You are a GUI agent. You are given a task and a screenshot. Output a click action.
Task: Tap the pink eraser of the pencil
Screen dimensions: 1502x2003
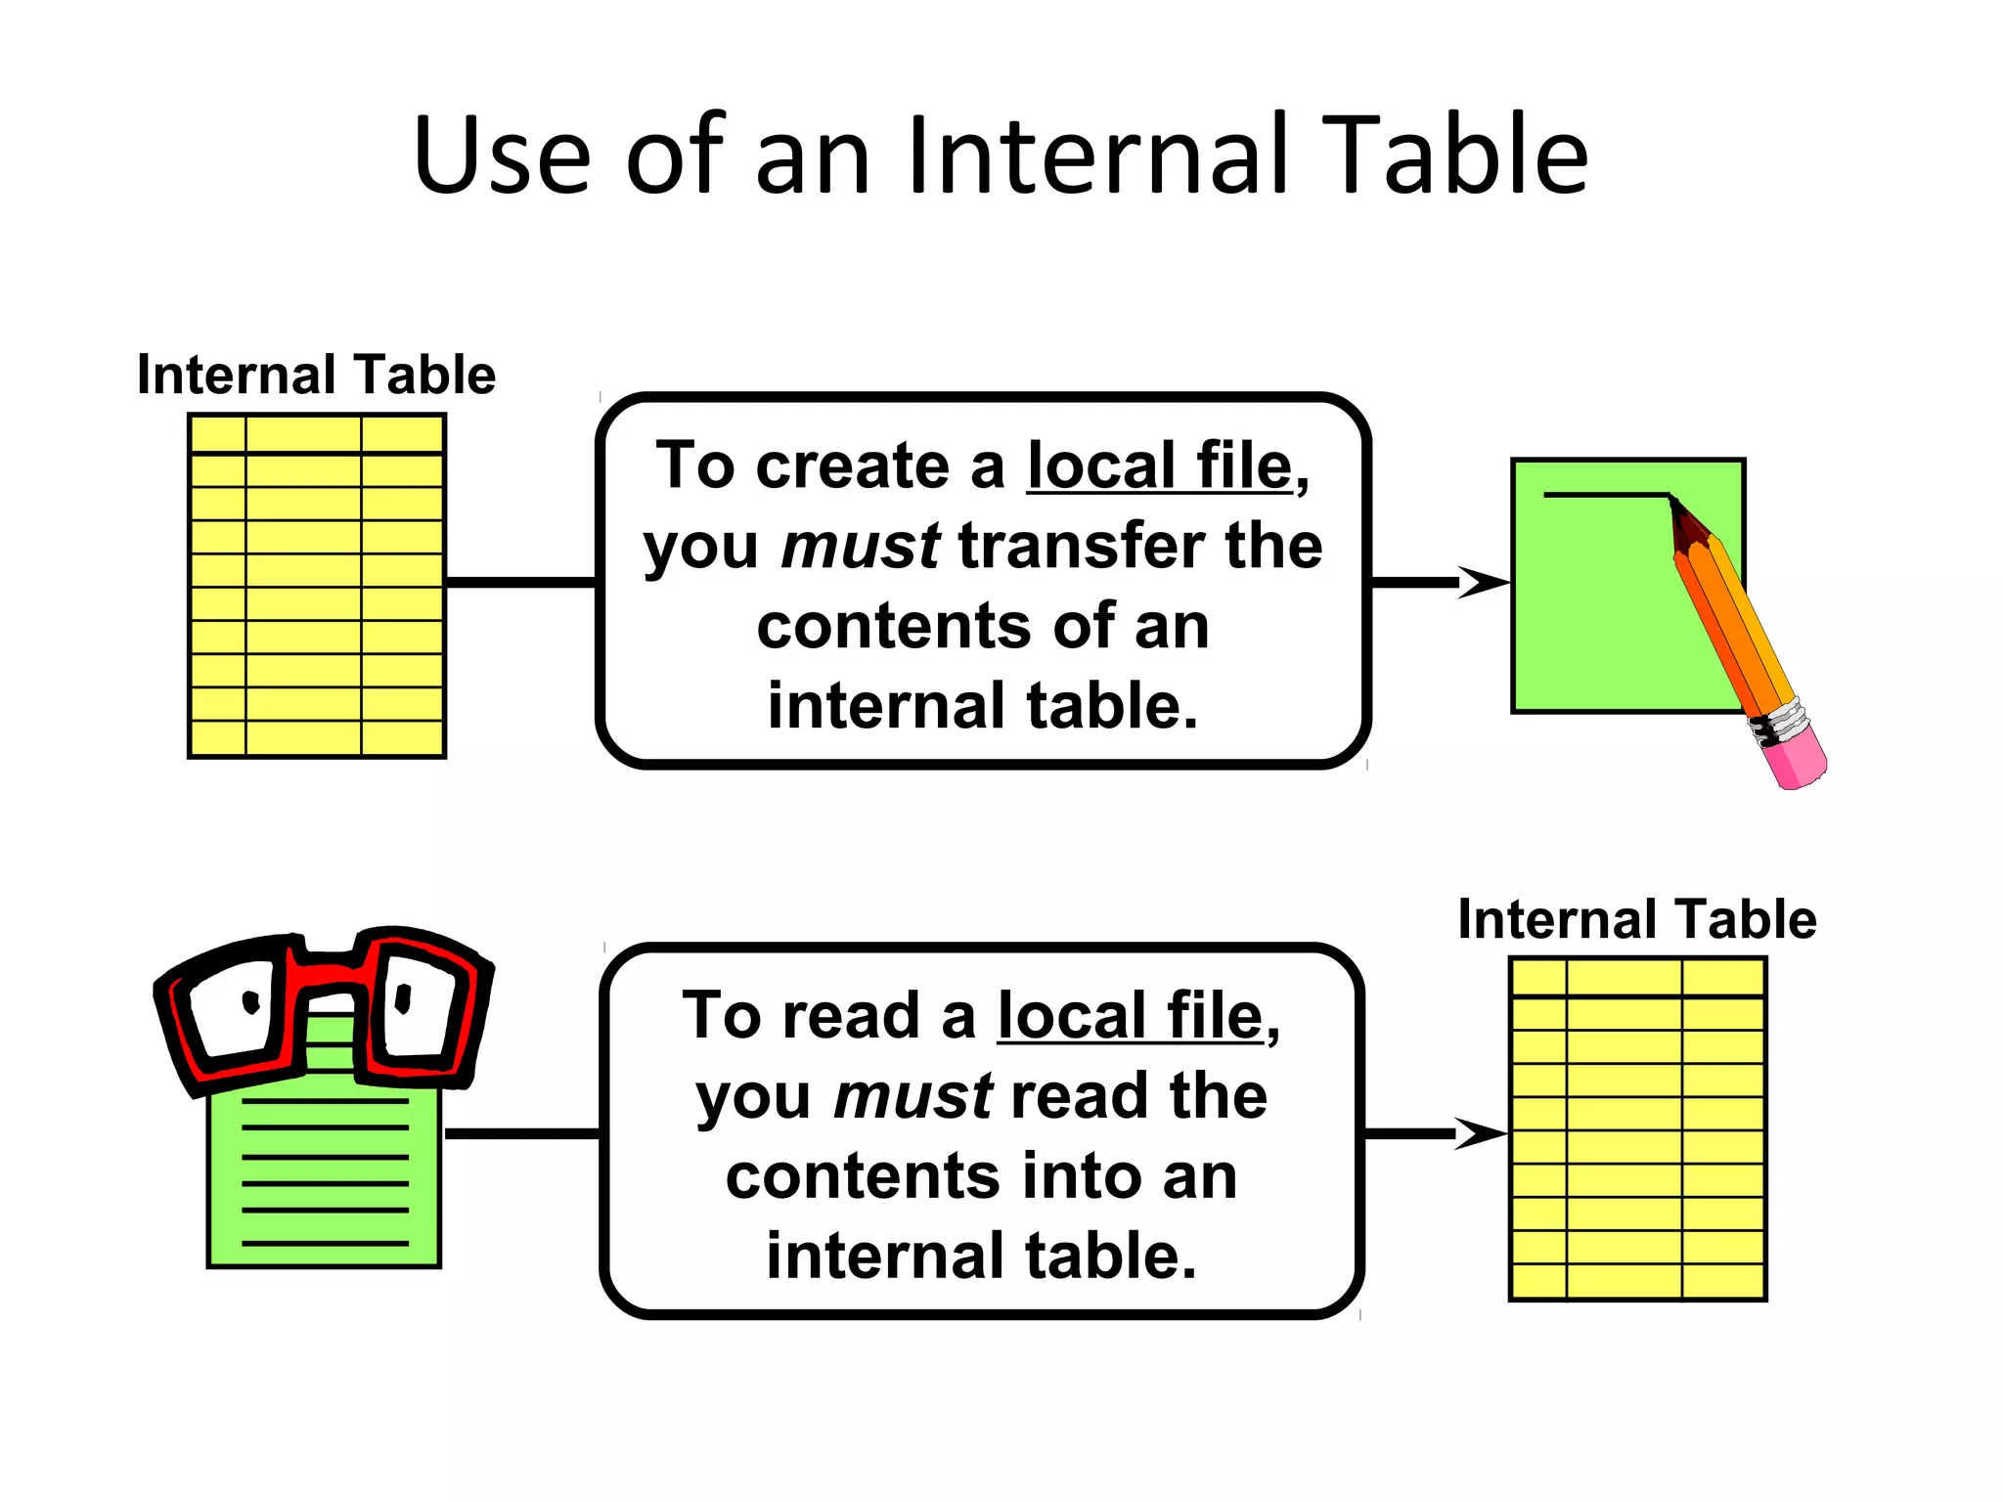tap(1798, 758)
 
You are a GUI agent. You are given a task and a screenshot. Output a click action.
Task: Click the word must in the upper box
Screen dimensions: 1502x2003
tap(860, 546)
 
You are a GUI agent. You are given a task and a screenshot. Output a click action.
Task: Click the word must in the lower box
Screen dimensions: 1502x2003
tap(912, 1096)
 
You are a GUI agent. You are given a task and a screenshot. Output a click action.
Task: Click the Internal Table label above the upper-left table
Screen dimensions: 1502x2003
tap(316, 375)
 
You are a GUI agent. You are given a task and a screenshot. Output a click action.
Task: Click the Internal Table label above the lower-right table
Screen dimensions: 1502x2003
tap(1636, 919)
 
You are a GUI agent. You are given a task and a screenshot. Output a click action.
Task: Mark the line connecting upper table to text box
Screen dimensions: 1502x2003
tap(520, 582)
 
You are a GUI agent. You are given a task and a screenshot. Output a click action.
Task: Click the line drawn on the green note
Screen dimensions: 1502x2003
tap(1604, 495)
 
